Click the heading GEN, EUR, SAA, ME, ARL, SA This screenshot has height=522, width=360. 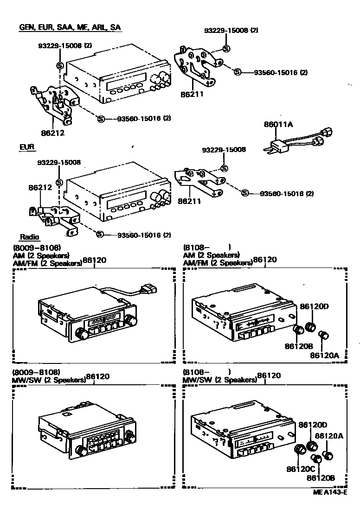coord(70,28)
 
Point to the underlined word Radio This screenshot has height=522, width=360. coord(29,237)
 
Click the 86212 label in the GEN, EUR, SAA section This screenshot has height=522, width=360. coord(52,133)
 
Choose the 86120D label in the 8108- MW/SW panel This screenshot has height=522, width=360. coord(313,424)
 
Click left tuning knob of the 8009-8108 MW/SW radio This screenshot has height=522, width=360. coord(82,450)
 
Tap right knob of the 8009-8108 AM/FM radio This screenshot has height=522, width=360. coord(132,320)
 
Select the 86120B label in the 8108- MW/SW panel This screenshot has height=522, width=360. coord(321,477)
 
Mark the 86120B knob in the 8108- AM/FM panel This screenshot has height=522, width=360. coord(299,330)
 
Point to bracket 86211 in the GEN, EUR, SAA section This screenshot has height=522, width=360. coord(197,67)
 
